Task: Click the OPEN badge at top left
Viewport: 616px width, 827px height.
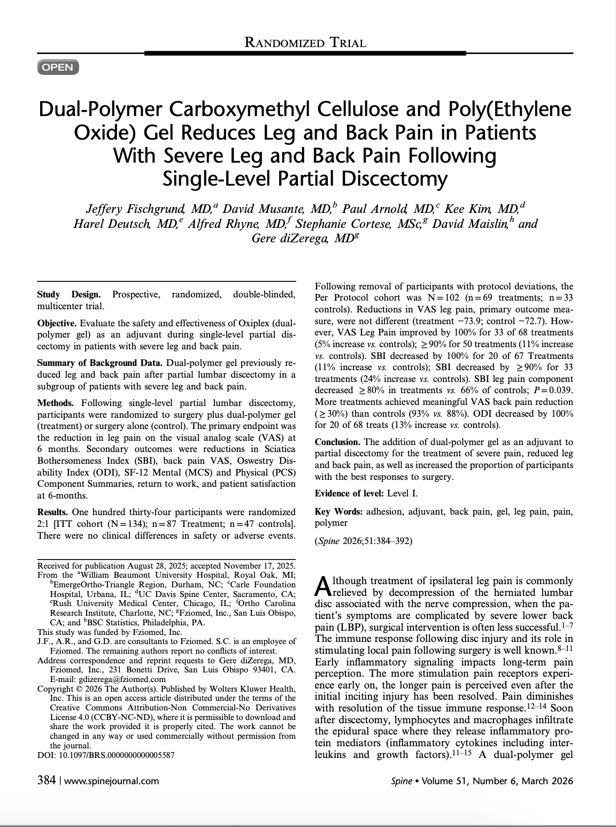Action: pos(58,67)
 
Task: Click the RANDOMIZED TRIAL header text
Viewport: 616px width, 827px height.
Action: pos(305,43)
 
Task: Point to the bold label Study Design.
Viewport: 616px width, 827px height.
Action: pos(68,295)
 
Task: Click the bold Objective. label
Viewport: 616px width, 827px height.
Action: pos(57,324)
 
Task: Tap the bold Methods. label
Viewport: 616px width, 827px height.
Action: pos(56,403)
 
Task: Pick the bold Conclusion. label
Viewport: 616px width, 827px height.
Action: pos(338,442)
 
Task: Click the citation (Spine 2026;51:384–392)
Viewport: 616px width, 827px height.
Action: pos(364,541)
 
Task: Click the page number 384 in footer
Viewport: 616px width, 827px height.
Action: pos(47,780)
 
